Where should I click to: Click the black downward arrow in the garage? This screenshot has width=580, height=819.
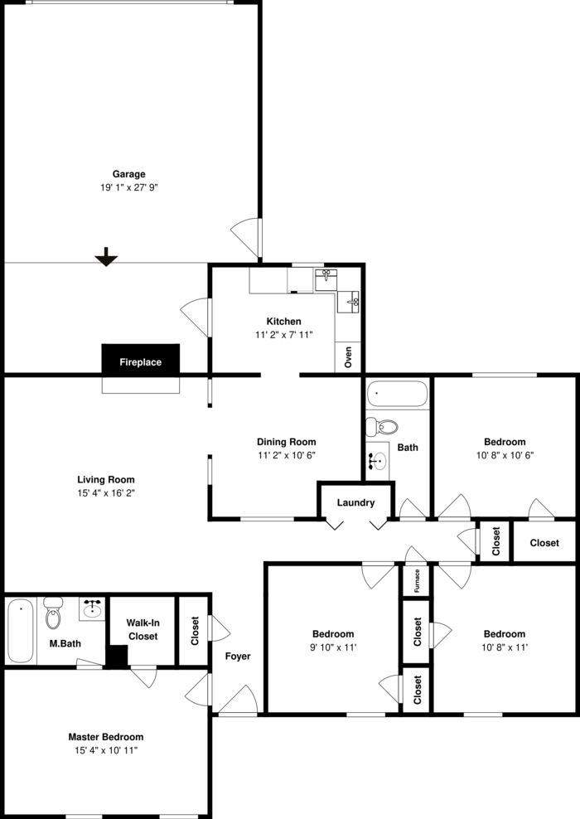click(106, 256)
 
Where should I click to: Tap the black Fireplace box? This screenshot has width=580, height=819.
click(140, 360)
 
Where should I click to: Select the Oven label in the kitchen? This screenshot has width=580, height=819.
click(348, 357)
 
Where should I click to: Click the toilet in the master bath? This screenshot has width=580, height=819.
click(53, 613)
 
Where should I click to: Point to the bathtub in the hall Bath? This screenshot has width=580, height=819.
click(397, 394)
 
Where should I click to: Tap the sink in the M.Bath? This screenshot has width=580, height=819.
click(93, 609)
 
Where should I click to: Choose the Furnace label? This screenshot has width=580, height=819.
click(417, 581)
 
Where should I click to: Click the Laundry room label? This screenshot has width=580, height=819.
click(355, 502)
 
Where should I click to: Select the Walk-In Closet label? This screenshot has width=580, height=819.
click(143, 629)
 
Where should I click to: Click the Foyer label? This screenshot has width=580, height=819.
click(238, 656)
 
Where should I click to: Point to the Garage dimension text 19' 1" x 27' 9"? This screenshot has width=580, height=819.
click(129, 187)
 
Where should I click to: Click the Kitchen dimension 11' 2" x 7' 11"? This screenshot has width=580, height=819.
click(284, 335)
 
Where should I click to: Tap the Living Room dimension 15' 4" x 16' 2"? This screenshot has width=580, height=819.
click(106, 492)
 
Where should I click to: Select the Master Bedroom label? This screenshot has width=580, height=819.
click(106, 737)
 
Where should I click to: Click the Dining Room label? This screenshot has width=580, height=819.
click(287, 442)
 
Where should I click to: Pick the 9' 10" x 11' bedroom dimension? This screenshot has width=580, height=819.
click(333, 647)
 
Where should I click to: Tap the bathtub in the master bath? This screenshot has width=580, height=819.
click(21, 631)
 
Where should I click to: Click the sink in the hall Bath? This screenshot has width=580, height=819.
click(378, 460)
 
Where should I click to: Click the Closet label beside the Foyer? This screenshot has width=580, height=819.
click(195, 631)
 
